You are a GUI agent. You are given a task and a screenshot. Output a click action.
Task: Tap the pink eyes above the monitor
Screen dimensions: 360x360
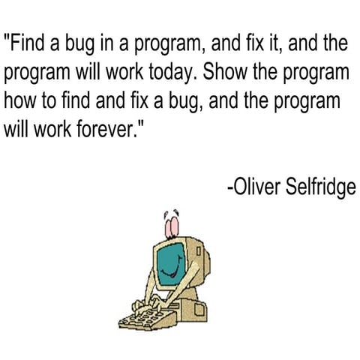171,225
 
